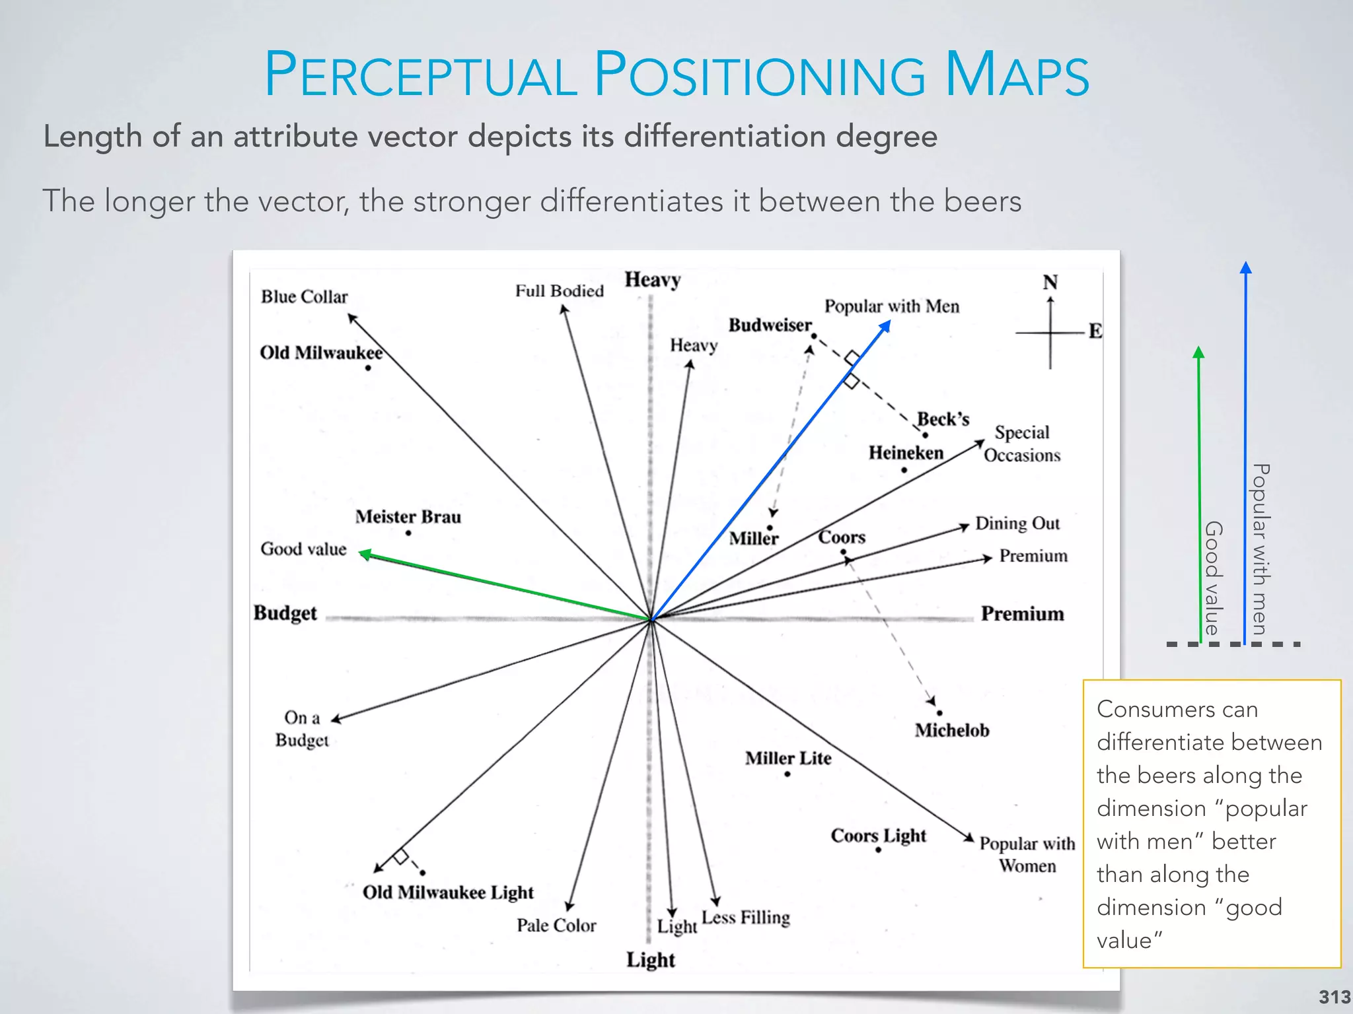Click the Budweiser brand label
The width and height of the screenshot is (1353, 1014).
[770, 325]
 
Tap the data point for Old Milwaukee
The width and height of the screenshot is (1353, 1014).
[368, 368]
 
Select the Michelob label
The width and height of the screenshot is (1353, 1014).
[951, 730]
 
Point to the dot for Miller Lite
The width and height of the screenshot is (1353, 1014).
[787, 774]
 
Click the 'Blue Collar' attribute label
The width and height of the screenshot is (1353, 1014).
[304, 297]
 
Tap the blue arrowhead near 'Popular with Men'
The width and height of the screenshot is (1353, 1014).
[885, 326]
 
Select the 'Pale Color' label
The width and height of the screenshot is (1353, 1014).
[556, 926]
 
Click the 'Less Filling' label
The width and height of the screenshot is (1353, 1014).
[746, 918]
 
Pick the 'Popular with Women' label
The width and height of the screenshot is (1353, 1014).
[1027, 854]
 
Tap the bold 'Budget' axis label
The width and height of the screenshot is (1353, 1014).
[285, 613]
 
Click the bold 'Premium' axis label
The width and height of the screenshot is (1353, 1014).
[1022, 614]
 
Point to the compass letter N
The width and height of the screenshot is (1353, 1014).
[1050, 283]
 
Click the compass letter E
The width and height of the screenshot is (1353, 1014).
[1095, 331]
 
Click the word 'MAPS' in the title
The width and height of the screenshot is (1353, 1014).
[1017, 75]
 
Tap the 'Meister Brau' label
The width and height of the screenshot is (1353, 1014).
[408, 517]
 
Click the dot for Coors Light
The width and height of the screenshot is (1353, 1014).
[878, 850]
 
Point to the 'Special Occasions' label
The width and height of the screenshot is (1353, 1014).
[1022, 444]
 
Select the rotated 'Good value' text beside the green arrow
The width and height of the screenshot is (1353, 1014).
[1214, 578]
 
